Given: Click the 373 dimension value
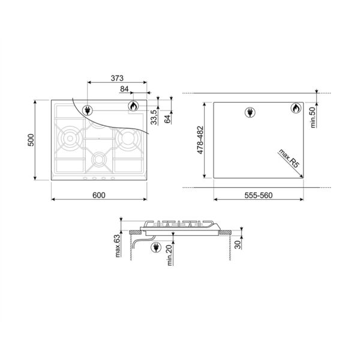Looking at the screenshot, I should [x=118, y=78].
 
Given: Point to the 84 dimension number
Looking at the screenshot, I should [x=125, y=89].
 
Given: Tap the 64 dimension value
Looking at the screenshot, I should [x=167, y=118].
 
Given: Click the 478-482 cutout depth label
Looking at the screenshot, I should [x=200, y=139].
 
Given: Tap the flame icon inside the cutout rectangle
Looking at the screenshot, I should [x=296, y=109].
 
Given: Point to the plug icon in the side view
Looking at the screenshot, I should [x=155, y=246].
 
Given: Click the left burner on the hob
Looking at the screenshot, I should [x=71, y=139].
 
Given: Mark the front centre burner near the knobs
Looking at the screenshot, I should [x=98, y=160].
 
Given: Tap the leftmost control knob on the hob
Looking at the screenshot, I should [x=84, y=178].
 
